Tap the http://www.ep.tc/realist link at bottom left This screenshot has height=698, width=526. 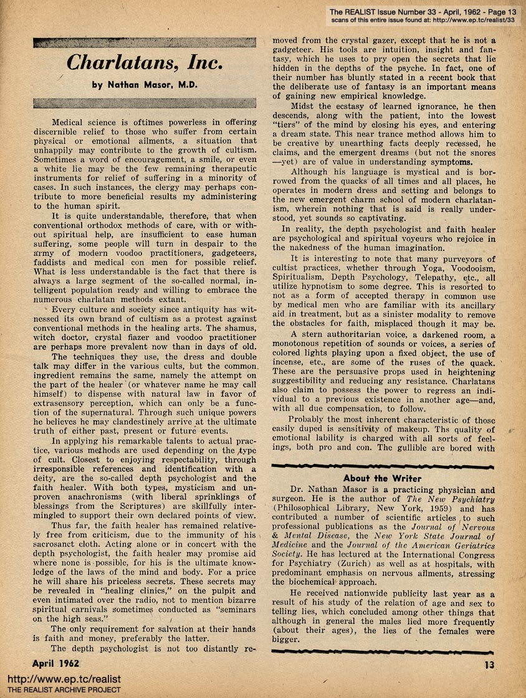pyautogui.click(x=64, y=680)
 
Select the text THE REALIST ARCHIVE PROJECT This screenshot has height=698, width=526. pyautogui.click(x=64, y=691)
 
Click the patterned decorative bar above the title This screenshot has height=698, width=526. pyautogui.click(x=145, y=42)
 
